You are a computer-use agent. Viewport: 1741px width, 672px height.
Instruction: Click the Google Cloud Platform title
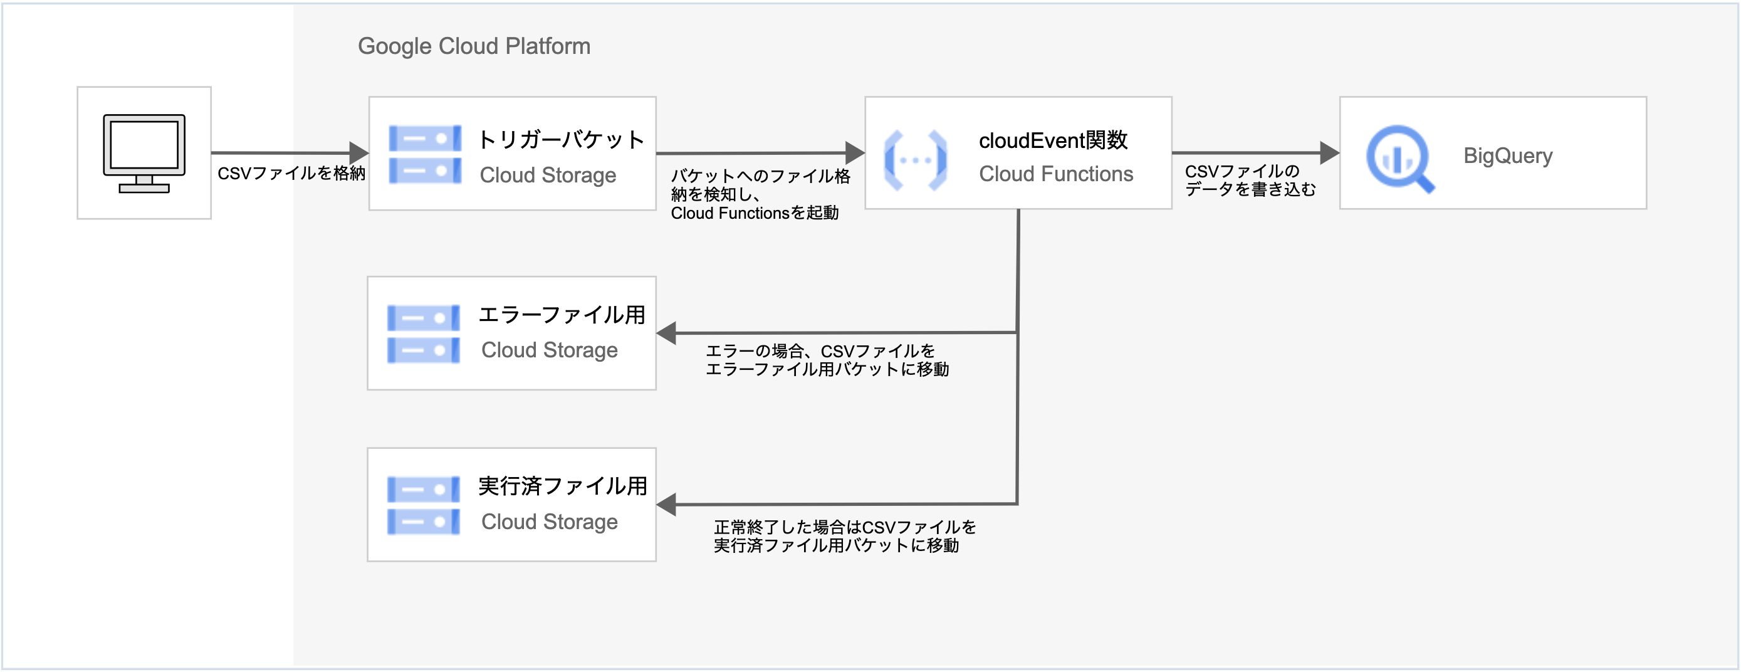(474, 46)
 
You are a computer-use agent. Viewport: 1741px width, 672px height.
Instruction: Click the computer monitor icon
(144, 154)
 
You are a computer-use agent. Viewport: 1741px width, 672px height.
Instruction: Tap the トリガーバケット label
(561, 139)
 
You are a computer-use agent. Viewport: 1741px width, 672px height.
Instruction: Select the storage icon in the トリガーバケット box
(425, 154)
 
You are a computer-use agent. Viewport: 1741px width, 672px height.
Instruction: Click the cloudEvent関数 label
(1053, 140)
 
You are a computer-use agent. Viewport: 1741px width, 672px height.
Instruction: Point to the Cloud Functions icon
(915, 160)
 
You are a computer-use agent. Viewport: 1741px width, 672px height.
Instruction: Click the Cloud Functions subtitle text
(1055, 174)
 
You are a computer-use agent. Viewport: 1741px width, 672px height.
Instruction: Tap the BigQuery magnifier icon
(1399, 158)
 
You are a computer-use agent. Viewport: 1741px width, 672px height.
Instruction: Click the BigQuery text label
(1508, 155)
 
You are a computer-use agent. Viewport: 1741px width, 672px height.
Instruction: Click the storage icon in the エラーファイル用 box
(424, 334)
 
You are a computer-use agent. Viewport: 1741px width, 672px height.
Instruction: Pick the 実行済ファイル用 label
(562, 485)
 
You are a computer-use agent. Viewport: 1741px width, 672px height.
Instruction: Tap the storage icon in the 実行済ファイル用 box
(424, 506)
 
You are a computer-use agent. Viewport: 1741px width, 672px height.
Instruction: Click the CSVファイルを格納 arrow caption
(291, 174)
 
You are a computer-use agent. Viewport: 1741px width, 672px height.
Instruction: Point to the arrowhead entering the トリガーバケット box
(359, 153)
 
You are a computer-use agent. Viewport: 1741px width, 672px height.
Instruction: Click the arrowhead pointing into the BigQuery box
(1329, 153)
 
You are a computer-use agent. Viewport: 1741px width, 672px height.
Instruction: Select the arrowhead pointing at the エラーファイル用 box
(666, 333)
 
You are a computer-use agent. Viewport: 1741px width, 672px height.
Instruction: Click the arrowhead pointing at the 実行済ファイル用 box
(666, 505)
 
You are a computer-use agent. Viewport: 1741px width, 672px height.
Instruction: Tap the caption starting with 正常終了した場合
(845, 536)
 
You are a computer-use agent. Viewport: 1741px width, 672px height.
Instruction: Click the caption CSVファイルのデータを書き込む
(1250, 181)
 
